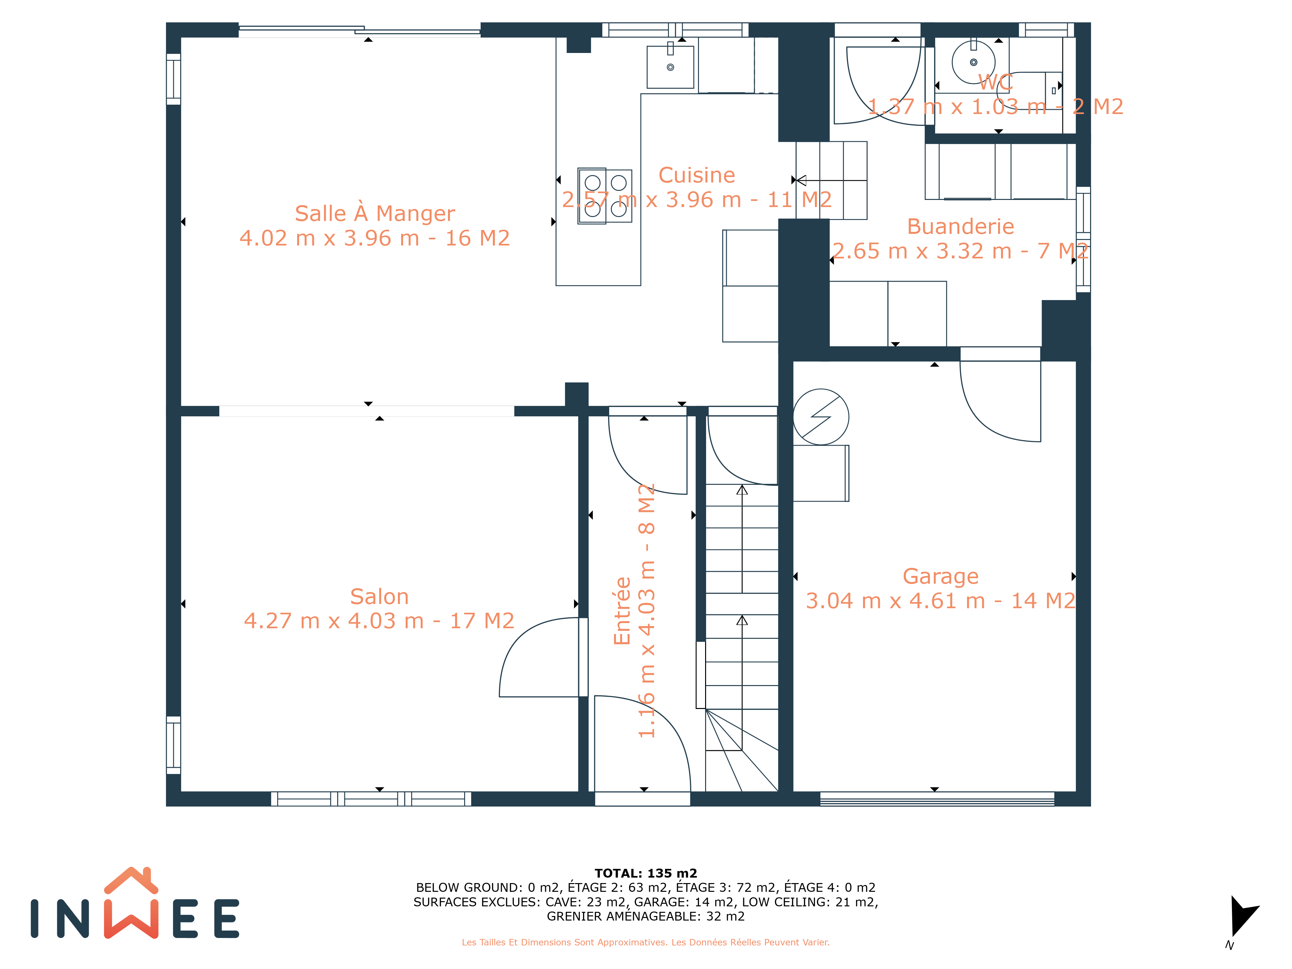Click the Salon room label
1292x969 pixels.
point(379,596)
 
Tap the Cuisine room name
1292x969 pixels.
point(696,175)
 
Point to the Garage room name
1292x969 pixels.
point(940,577)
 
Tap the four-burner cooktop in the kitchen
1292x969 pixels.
point(605,196)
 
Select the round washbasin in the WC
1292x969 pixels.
point(973,62)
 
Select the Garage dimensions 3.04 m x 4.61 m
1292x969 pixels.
point(895,600)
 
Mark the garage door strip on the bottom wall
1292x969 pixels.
point(937,799)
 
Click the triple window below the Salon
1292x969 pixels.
point(371,799)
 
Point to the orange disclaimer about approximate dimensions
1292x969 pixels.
point(645,942)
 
